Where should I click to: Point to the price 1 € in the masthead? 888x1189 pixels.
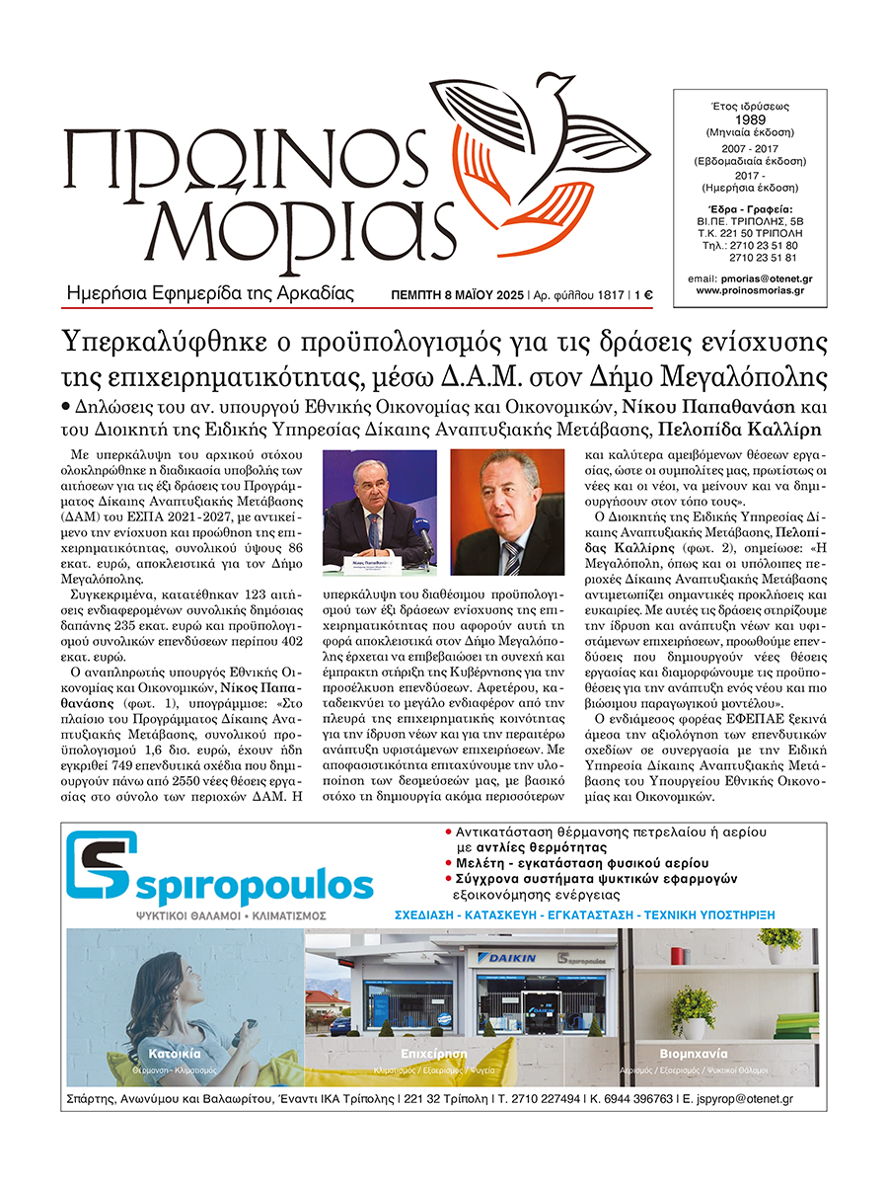coord(642,294)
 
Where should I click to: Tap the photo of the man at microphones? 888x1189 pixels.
coord(381,512)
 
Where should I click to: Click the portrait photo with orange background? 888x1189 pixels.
coord(507,512)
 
